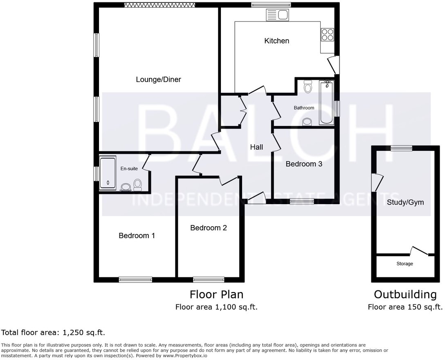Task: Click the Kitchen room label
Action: [x=276, y=41]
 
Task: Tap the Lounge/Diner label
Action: [x=158, y=79]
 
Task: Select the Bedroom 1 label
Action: [x=137, y=236]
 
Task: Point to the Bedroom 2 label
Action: [x=208, y=228]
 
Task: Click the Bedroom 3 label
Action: [x=304, y=164]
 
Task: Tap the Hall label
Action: [x=256, y=147]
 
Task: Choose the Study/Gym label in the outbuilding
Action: [x=405, y=202]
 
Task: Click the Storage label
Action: [x=405, y=264]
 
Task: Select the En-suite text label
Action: [x=129, y=168]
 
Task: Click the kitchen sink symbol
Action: [x=278, y=16]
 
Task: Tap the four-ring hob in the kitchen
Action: [x=328, y=34]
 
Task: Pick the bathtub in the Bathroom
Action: [x=326, y=102]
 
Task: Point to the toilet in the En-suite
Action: [x=137, y=185]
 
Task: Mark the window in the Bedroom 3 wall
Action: [x=302, y=201]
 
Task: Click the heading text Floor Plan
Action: [x=216, y=295]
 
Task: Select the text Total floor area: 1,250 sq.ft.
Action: [x=56, y=332]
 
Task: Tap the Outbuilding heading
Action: [x=405, y=295]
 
